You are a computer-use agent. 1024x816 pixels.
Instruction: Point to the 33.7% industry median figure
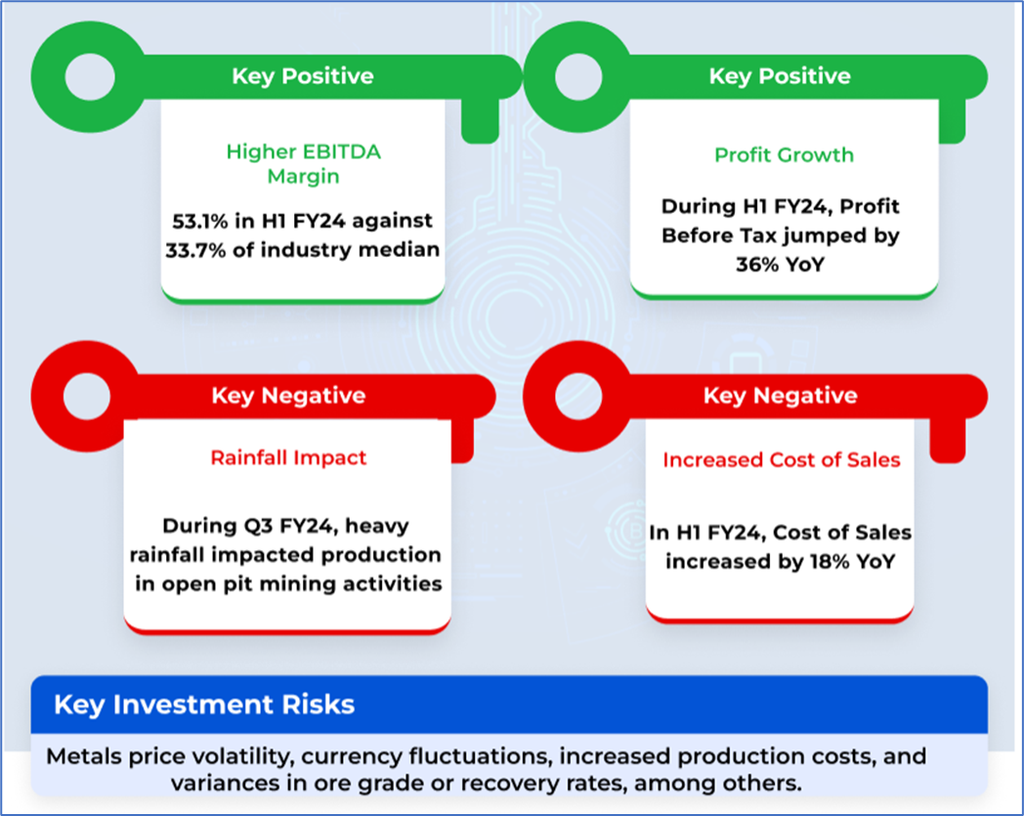195,249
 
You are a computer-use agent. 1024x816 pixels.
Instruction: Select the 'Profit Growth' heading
784,154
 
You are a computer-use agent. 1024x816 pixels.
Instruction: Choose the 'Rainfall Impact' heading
289,456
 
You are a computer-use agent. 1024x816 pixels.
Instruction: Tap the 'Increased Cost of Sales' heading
782,459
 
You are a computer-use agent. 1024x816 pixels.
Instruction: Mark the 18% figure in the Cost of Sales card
800,563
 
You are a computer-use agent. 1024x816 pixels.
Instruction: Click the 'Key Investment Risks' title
204,705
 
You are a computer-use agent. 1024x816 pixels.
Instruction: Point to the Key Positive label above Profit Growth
780,76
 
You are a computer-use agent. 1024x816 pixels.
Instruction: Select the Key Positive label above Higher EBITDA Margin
303,76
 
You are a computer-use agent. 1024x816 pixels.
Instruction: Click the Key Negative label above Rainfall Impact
288,396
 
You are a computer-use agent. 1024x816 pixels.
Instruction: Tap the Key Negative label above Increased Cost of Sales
781,396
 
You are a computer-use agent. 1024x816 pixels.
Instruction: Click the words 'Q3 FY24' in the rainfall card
280,527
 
